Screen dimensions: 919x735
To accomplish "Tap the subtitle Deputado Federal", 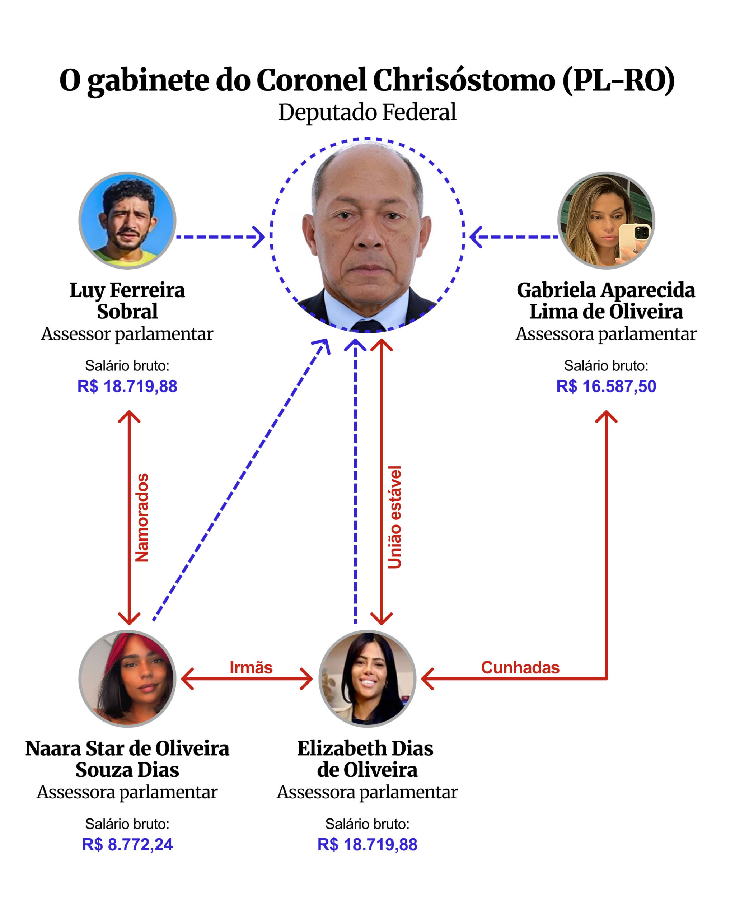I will point(367,112).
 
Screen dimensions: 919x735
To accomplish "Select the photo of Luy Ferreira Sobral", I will point(127,220).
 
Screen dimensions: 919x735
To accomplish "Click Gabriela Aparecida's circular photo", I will point(606,220).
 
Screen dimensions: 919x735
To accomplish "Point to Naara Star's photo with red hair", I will point(127,678).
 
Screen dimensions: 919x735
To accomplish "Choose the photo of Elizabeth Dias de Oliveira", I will point(367,678).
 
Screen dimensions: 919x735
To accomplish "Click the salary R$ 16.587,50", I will point(606,386).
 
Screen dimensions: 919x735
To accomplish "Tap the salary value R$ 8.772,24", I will point(127,844).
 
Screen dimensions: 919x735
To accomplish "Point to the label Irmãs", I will point(251,667).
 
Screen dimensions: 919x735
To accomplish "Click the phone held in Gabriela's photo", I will point(635,239).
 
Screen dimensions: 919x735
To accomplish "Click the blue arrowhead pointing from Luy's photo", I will point(259,237).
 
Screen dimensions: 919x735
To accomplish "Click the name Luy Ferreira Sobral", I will point(127,301).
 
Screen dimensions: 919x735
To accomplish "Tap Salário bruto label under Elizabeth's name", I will point(367,824).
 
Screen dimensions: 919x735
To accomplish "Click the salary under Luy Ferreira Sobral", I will point(127,386).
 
